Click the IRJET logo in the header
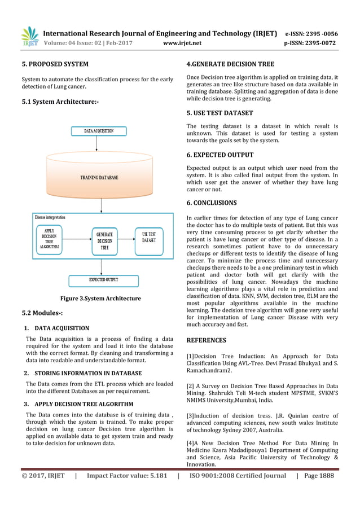[x=29, y=37]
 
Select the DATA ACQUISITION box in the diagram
[x=99, y=131]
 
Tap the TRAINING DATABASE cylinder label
[x=99, y=177]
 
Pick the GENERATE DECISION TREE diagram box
[x=104, y=241]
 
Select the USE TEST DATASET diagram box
[x=149, y=237]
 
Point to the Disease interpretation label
[x=50, y=217]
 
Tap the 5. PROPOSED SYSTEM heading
[x=55, y=64]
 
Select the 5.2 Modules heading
[x=42, y=313]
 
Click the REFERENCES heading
[x=206, y=340]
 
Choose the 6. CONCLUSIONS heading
[x=212, y=203]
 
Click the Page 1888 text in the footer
[x=319, y=476]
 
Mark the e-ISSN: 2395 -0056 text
[x=311, y=33]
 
